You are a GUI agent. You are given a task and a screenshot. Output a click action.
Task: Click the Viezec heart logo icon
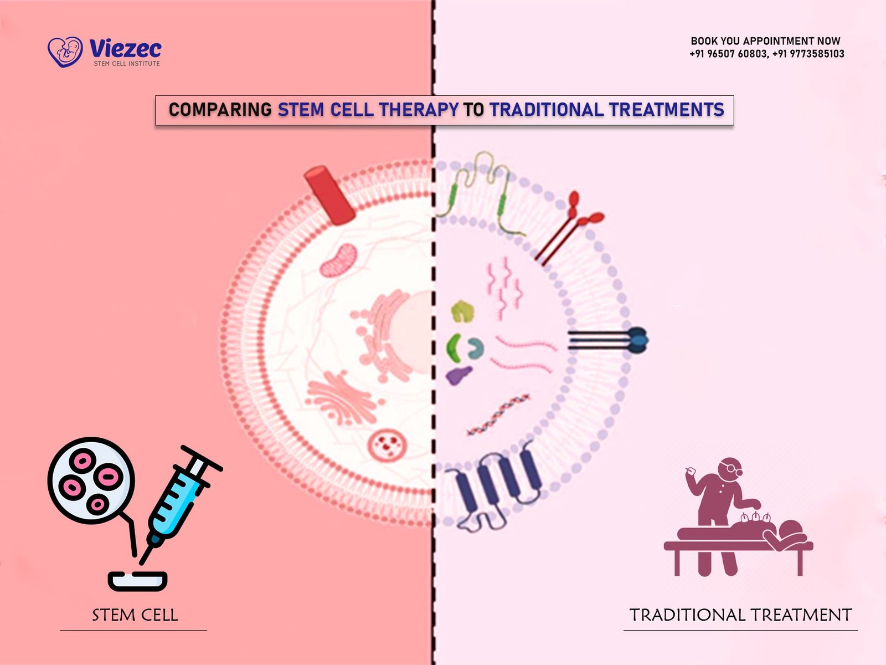click(65, 52)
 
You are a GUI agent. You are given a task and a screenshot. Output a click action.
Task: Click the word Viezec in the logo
click(126, 49)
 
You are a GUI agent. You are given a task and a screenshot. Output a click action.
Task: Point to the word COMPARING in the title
click(220, 110)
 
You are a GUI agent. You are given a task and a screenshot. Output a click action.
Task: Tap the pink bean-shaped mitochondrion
click(338, 260)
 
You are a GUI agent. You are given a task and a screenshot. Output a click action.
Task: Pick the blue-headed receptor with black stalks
click(608, 340)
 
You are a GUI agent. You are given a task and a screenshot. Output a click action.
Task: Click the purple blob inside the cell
click(459, 375)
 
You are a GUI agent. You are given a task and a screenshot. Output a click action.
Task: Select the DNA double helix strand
click(498, 415)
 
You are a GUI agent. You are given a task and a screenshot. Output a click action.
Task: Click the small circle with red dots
click(387, 444)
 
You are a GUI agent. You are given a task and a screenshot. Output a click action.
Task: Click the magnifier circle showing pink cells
click(91, 480)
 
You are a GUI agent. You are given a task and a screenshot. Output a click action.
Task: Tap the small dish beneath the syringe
click(137, 581)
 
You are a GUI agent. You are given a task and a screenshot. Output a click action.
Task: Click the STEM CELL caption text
click(135, 615)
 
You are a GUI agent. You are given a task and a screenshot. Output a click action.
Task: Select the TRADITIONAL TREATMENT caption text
click(741, 615)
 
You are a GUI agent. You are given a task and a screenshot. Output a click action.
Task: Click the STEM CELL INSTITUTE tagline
click(127, 63)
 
